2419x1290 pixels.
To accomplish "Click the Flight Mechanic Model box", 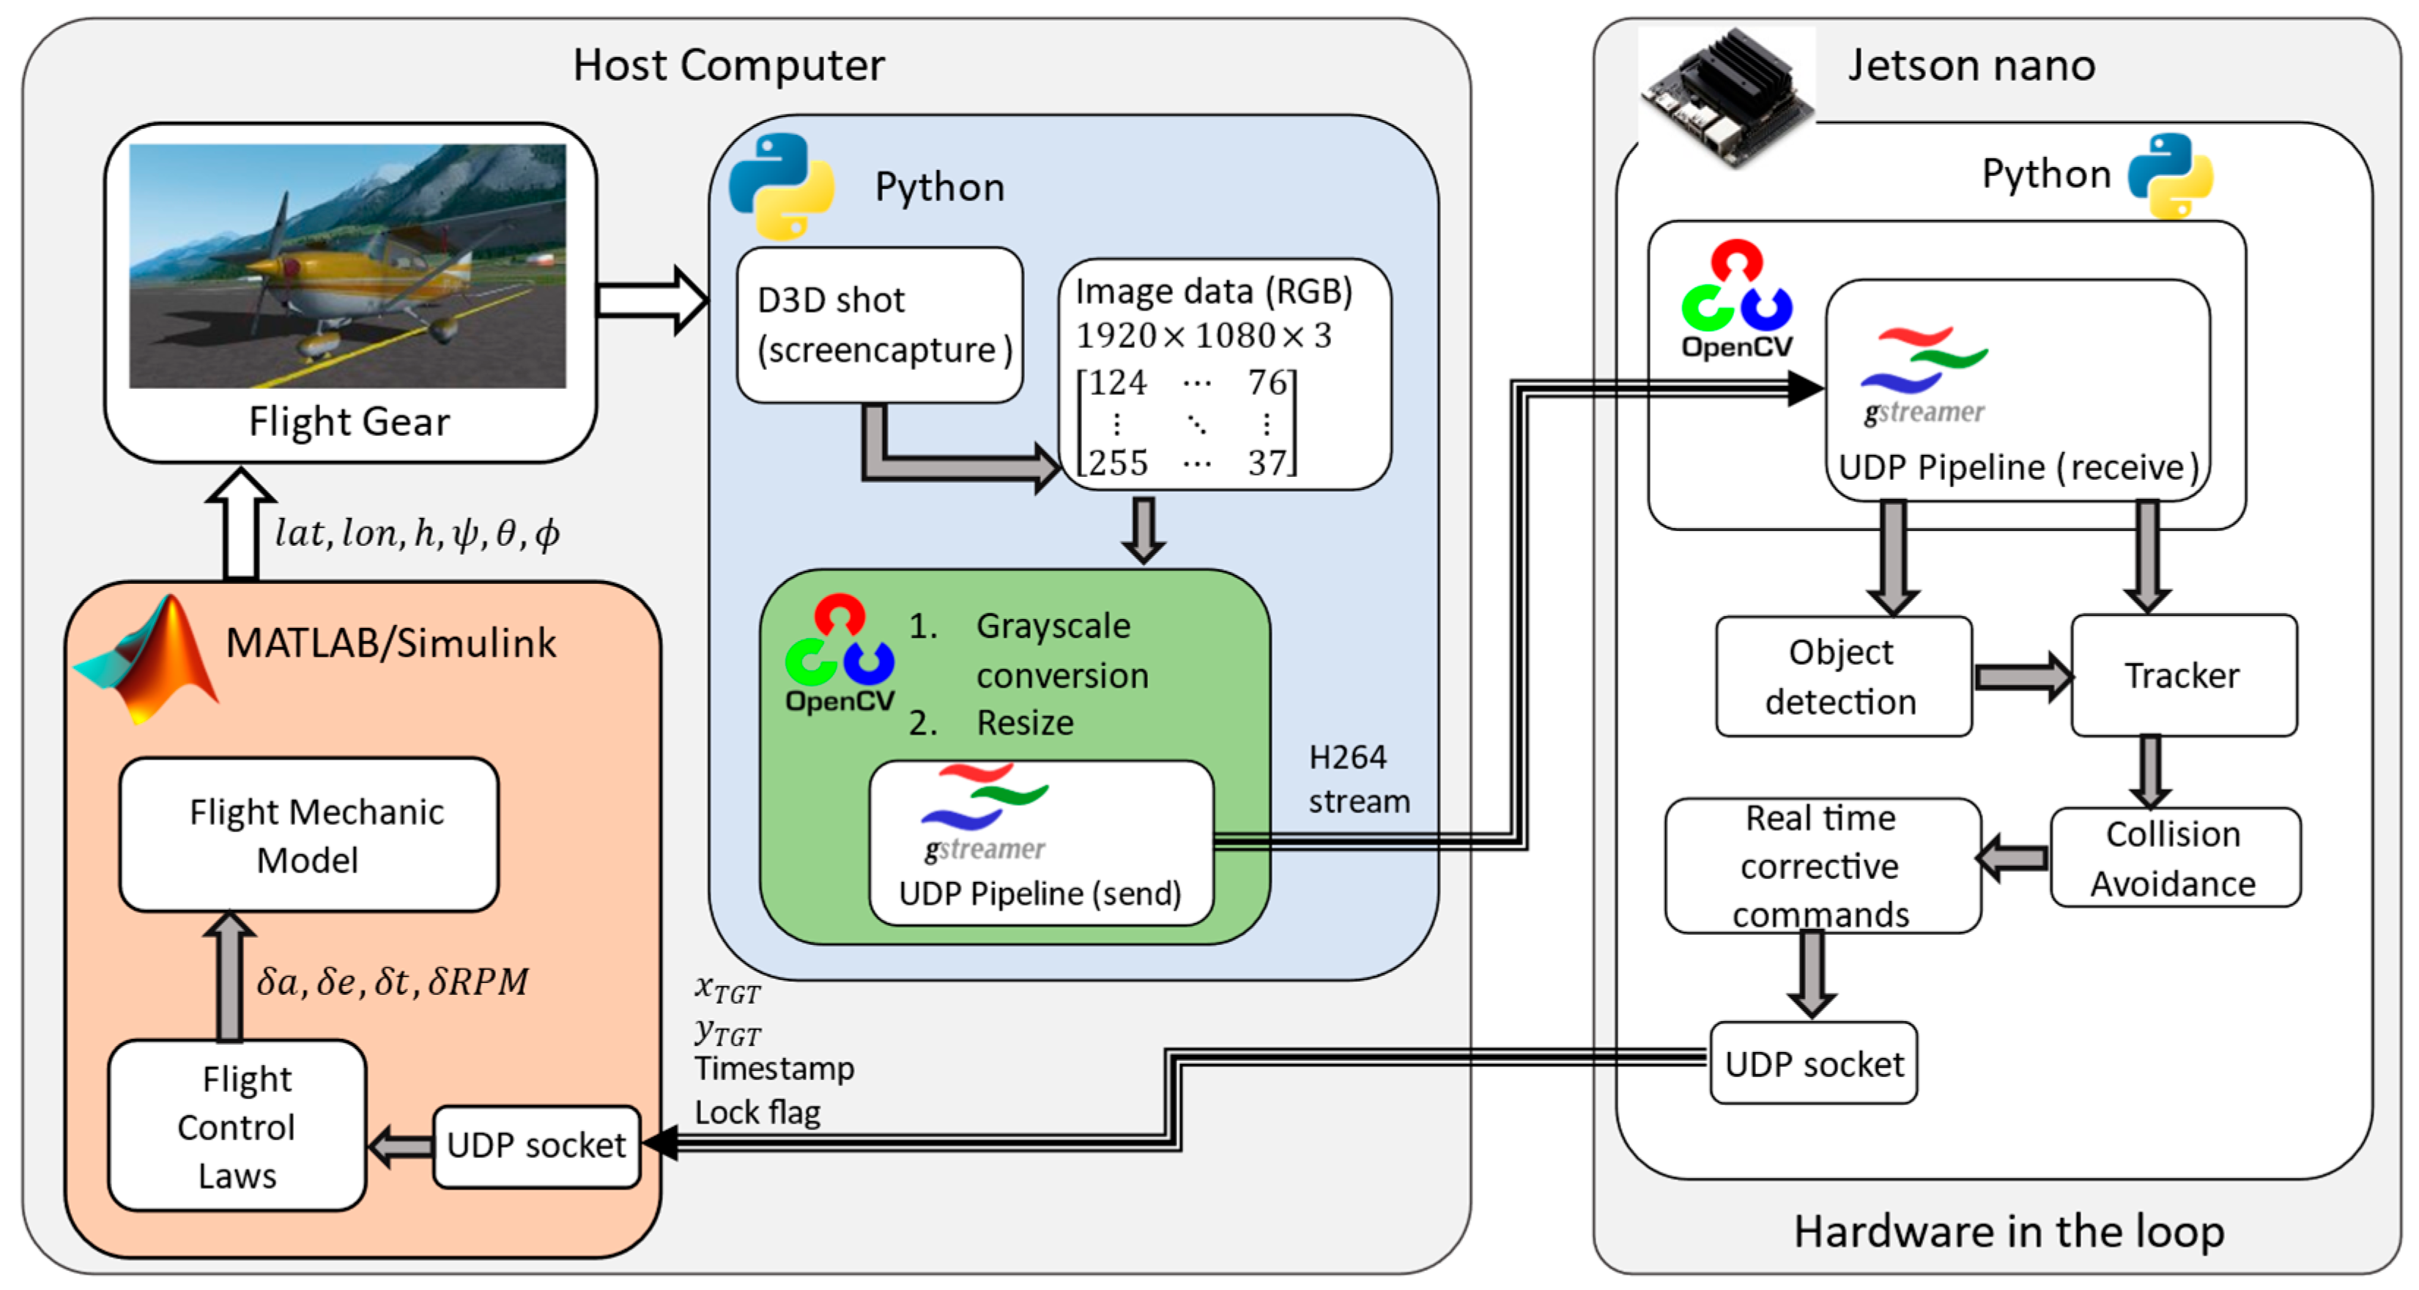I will (309, 834).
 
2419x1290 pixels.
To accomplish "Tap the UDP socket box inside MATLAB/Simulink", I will (536, 1146).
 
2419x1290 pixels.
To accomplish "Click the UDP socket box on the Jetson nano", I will (1813, 1064).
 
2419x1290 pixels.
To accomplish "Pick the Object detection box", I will (1842, 676).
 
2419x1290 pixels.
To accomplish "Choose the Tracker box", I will (2183, 675).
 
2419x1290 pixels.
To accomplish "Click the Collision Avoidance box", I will (2174, 858).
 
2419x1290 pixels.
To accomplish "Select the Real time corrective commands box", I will (1822, 866).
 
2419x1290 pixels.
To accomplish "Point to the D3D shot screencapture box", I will (880, 325).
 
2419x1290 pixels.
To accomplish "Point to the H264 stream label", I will (1358, 779).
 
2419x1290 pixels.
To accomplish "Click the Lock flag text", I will (757, 1113).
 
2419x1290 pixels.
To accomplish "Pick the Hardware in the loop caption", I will (2008, 1231).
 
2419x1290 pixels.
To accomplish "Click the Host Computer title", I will (729, 66).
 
